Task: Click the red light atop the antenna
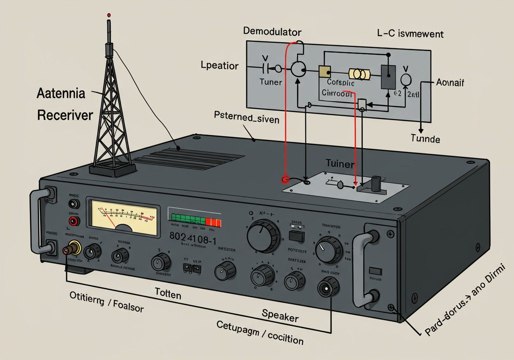coord(108,15)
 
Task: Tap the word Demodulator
coord(272,32)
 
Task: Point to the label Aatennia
coord(61,94)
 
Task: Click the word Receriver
coord(65,115)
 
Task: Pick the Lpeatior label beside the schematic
coord(219,65)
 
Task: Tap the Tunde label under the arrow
coord(425,139)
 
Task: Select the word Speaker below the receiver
coord(280,315)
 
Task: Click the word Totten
coord(168,294)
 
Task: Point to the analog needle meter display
coord(124,217)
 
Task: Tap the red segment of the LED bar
coord(213,222)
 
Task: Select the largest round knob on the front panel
coord(263,236)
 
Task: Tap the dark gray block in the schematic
coord(388,77)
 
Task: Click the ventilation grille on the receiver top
coord(189,159)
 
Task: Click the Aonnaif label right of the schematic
coord(450,83)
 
